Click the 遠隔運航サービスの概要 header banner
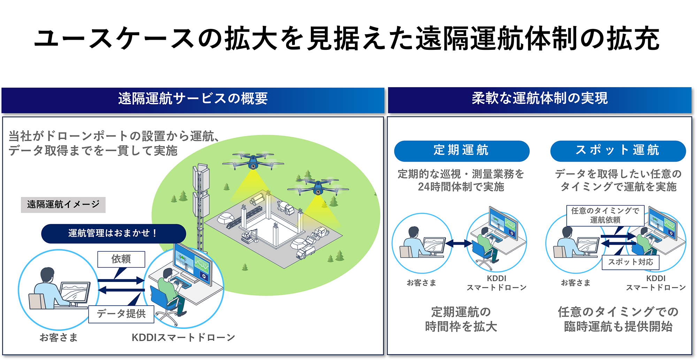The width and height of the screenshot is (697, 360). (193, 99)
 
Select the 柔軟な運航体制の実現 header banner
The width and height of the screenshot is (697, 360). (539, 99)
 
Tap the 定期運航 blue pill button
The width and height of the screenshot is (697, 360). (461, 151)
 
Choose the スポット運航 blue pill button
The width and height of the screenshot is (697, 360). (618, 151)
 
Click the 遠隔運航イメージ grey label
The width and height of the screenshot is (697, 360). (63, 205)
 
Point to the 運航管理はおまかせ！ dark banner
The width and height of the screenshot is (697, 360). (113, 233)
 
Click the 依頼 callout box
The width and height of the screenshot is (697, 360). (121, 259)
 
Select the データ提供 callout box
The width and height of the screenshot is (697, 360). (121, 314)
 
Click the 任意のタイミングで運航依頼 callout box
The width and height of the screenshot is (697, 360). (605, 215)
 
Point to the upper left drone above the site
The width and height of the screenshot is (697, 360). (253, 161)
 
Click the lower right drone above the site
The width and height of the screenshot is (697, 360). (318, 188)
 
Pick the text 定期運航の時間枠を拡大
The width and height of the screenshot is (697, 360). (461, 319)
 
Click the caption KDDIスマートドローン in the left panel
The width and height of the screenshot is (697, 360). (183, 338)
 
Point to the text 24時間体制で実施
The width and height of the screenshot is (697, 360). (461, 187)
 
